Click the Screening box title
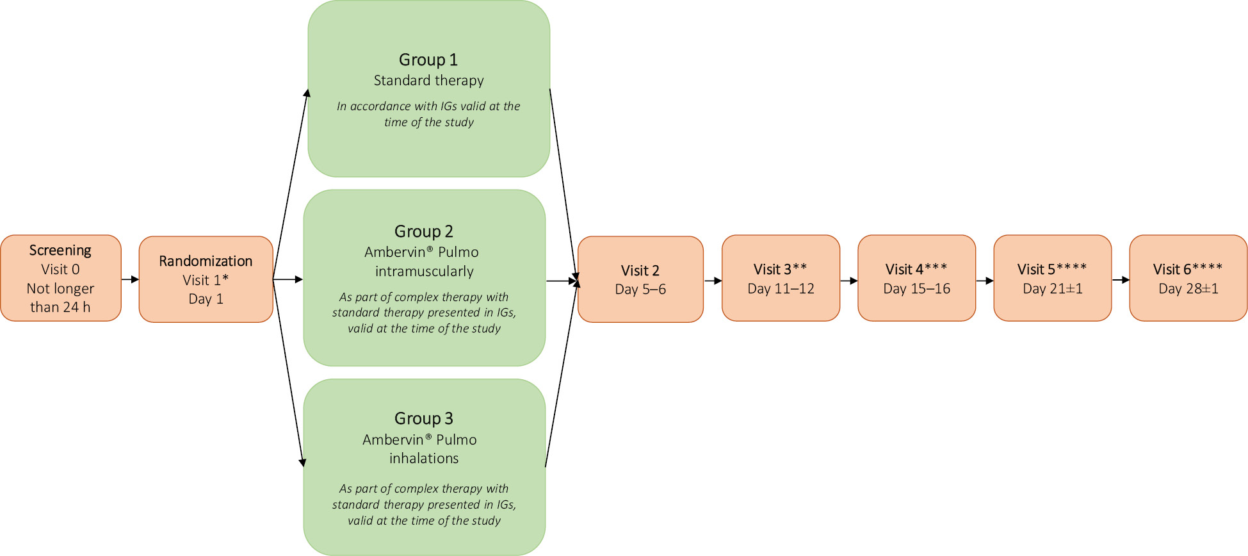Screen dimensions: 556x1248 tap(60, 250)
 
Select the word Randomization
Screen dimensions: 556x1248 tap(206, 261)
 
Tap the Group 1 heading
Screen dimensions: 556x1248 tap(428, 60)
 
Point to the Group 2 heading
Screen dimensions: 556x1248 tap(424, 231)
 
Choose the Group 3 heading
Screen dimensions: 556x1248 tap(424, 418)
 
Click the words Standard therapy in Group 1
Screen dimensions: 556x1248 tap(428, 81)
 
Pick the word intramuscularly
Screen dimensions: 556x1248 tap(424, 272)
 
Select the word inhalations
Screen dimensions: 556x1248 tap(424, 459)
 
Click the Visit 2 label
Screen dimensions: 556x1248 tap(640, 270)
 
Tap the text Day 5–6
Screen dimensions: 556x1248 tap(640, 290)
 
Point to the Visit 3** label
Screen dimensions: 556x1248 tap(780, 269)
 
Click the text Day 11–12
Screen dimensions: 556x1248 tap(781, 289)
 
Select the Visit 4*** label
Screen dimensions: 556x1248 tap(916, 269)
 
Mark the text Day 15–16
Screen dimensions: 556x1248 tap(916, 289)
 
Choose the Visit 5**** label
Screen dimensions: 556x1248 tap(1052, 269)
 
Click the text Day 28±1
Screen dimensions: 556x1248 tap(1188, 289)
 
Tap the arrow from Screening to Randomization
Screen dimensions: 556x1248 tap(130, 279)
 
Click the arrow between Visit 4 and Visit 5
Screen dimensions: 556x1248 tap(985, 281)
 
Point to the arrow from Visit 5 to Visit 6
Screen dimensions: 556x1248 tap(1121, 280)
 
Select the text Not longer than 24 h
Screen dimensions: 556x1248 tap(60, 298)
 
